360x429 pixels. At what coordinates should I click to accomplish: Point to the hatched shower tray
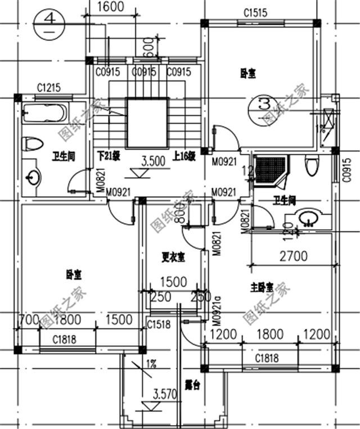269,168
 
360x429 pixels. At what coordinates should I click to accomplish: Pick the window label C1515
255,12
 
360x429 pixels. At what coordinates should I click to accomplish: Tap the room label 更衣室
174,257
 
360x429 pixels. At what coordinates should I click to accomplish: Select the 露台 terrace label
193,386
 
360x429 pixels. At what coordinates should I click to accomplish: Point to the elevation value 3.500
153,160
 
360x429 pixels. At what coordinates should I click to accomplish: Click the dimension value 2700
293,256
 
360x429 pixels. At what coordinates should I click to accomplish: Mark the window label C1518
158,324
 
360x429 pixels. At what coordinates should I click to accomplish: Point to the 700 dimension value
28,319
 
